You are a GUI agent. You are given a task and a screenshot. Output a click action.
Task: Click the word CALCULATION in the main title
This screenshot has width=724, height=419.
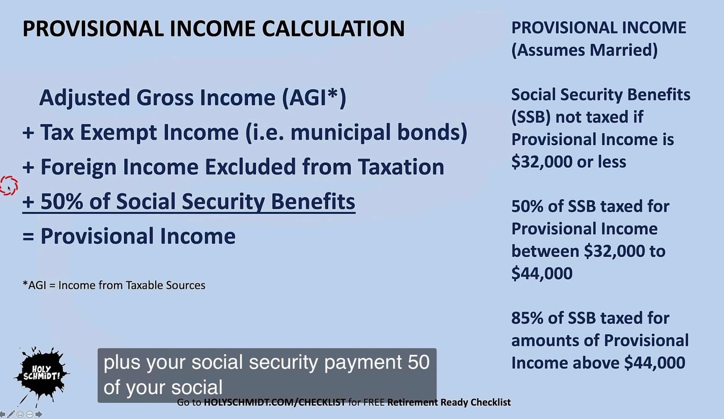click(333, 28)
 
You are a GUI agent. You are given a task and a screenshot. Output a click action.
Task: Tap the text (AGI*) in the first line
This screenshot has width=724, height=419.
click(314, 98)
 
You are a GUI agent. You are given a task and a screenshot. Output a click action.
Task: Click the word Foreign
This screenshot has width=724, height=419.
click(78, 167)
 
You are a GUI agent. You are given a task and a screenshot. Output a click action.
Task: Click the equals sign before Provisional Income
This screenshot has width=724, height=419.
click(28, 236)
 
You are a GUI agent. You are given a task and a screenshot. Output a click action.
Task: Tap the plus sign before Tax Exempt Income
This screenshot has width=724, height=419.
click(28, 133)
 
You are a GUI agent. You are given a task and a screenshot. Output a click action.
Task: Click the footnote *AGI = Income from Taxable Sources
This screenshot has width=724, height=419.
click(114, 285)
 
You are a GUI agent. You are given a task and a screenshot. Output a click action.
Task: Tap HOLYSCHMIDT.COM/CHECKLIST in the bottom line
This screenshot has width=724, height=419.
click(275, 403)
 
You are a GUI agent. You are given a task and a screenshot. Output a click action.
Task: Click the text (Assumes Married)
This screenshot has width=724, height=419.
click(584, 50)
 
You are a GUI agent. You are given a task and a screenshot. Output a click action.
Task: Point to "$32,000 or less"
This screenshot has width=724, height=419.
click(568, 162)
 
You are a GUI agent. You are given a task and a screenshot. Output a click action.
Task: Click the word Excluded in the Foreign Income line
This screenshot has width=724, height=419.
click(251, 167)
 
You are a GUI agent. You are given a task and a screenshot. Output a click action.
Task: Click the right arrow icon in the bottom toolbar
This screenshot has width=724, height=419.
click(39, 414)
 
